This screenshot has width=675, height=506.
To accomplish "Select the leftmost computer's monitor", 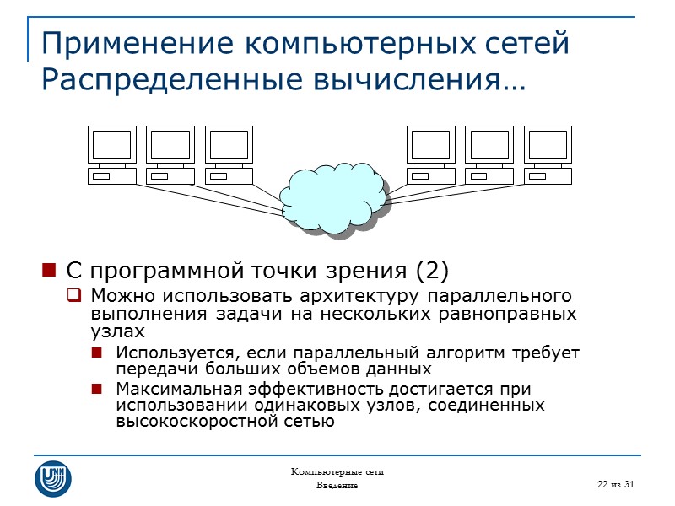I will [x=112, y=144].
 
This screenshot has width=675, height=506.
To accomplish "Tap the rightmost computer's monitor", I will [x=548, y=144].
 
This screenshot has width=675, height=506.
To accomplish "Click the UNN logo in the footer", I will [x=52, y=477].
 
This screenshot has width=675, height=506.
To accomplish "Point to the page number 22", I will [x=604, y=482].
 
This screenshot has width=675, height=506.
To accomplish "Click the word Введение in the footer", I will [x=337, y=487].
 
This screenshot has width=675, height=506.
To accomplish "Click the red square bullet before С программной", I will [x=48, y=272].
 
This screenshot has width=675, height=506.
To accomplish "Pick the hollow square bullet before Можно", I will [x=74, y=296].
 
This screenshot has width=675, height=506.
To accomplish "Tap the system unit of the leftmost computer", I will [x=112, y=176].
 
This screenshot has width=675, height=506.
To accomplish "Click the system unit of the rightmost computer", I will [x=548, y=176].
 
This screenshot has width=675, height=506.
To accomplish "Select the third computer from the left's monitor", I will [x=229, y=144].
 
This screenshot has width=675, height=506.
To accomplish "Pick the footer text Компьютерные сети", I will [x=337, y=471].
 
